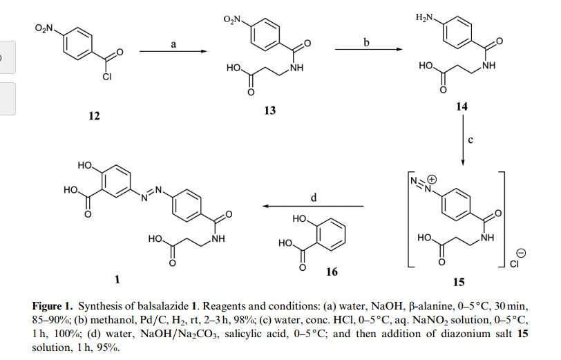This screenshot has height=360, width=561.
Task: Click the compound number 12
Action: (94, 116)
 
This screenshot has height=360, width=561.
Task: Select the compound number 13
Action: (269, 110)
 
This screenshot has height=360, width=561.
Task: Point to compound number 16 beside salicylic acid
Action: (332, 272)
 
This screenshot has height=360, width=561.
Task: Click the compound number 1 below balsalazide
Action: (118, 279)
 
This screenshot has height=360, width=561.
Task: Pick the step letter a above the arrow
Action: (173, 44)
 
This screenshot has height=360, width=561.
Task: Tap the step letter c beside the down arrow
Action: (470, 141)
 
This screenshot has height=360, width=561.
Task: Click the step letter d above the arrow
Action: (314, 198)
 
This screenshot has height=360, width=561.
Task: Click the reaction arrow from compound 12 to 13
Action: (173, 52)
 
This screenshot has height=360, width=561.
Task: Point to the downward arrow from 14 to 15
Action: (462, 142)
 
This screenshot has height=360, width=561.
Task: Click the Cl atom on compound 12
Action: (106, 77)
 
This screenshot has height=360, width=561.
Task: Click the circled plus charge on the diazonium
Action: (428, 177)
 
